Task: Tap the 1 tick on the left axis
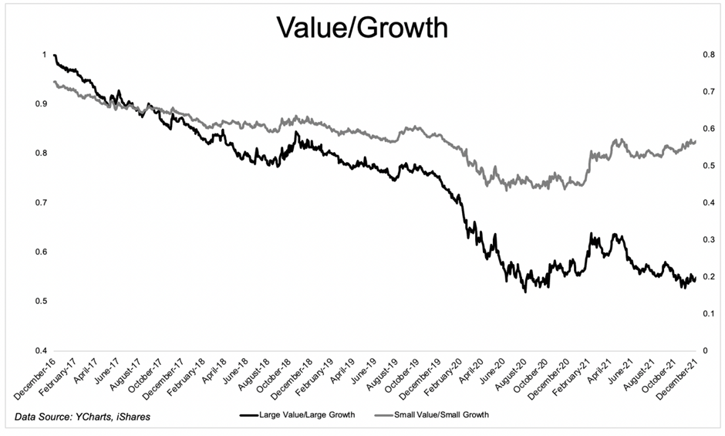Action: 44,55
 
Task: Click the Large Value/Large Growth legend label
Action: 309,415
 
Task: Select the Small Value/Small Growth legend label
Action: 442,415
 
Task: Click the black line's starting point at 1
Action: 54,56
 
